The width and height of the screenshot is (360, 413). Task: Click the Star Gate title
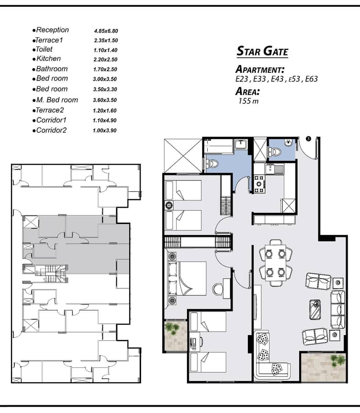point(262,51)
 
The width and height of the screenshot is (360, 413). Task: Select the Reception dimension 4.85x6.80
point(106,31)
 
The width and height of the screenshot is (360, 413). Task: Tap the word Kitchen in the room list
point(48,59)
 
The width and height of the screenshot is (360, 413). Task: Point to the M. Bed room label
point(57,100)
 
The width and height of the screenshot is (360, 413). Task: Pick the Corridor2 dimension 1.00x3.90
point(105,130)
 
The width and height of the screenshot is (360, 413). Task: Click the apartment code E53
point(294,79)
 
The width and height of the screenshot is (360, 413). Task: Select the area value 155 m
point(248,101)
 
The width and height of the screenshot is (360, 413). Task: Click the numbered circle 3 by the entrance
point(308,138)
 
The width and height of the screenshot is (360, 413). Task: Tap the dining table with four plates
point(275,263)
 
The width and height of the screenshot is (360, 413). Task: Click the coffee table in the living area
point(315,309)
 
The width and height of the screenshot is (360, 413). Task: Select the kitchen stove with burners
point(259,184)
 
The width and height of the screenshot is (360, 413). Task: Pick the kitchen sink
point(275,169)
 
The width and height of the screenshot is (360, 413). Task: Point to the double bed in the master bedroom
point(187,278)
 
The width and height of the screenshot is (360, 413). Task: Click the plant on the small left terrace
point(172,328)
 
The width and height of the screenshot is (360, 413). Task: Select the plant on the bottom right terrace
point(337,360)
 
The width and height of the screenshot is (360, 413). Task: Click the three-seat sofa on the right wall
point(337,309)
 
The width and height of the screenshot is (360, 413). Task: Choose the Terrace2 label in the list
point(50,110)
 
